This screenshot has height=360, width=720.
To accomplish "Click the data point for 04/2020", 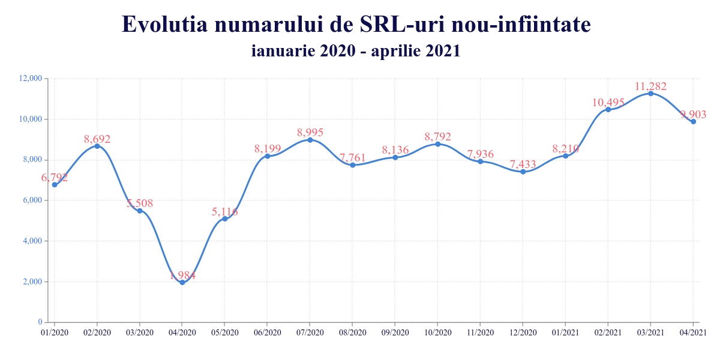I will click(182, 282).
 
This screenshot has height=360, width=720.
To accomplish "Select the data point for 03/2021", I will click(650, 94).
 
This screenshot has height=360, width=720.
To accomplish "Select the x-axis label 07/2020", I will click(310, 332).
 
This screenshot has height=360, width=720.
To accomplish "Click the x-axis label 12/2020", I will click(523, 332).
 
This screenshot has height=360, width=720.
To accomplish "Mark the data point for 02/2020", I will click(97, 146).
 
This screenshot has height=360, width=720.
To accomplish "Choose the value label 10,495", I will click(608, 103).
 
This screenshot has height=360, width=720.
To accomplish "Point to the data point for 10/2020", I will click(437, 144).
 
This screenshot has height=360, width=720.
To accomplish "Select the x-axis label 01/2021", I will click(565, 332).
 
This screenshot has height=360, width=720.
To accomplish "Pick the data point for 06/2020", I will click(268, 156).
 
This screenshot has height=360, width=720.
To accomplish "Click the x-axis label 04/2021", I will click(693, 332).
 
